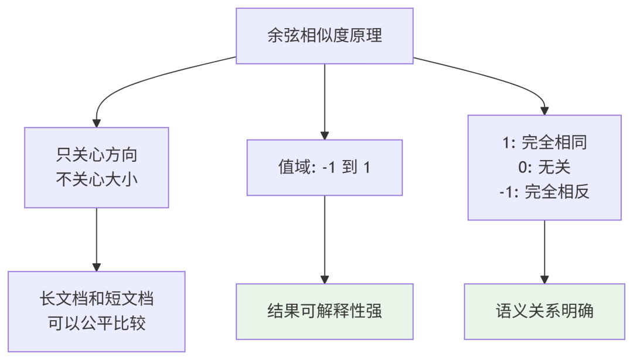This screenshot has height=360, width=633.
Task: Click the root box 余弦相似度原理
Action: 324,35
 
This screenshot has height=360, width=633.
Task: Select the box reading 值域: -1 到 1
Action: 324,168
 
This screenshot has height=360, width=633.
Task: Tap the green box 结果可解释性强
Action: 324,311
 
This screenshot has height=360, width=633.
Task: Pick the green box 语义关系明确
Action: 544,311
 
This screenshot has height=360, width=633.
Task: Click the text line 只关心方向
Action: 97,156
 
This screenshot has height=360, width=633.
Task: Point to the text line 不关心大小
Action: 97,179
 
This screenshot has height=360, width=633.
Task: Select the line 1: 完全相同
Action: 544,142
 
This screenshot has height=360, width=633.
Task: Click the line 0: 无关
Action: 544,167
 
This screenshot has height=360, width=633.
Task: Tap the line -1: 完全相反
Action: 544,192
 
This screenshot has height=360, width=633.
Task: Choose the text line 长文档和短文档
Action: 97,299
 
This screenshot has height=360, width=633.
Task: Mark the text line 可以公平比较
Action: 97,323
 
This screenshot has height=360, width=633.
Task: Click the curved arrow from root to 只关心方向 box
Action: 135,82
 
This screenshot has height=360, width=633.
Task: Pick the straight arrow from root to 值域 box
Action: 324,100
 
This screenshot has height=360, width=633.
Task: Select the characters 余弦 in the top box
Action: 280,35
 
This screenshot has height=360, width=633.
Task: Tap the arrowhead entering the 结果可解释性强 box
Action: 324,279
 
